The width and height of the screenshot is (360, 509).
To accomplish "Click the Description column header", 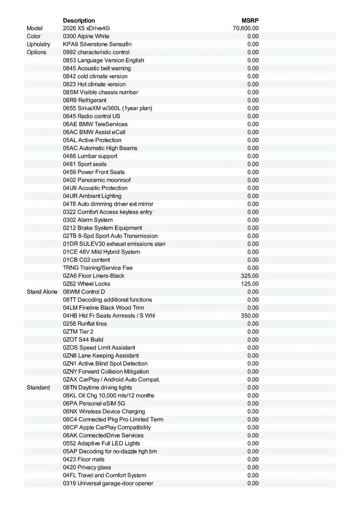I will pos(79,20).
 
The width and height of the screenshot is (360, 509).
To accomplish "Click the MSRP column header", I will pos(250,20).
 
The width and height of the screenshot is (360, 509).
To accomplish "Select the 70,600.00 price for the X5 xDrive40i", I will pos(246,28).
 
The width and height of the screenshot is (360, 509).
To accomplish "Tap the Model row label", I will pos(35,28).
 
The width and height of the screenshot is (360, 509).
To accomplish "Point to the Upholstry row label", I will pos(38,44).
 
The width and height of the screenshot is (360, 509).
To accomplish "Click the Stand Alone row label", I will pos(42,292).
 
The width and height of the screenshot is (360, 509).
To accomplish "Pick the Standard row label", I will pos(38,388).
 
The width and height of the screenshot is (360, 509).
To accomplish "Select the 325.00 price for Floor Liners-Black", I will pos(250,276).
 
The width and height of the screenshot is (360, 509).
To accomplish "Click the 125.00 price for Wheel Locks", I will pos(250,284).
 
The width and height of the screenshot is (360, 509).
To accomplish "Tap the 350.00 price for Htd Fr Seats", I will pos(250,316).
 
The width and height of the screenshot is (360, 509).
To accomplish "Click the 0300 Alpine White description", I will pos(86,36).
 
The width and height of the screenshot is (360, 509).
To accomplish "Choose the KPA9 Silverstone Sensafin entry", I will pos(97,44).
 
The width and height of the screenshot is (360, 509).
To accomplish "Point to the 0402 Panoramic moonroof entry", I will pos(97,180).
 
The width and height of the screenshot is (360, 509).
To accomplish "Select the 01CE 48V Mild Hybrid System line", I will pos(101,252).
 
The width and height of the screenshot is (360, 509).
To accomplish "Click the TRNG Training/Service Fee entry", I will pos(98,268).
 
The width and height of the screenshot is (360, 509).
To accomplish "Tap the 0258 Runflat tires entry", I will pos(85,324).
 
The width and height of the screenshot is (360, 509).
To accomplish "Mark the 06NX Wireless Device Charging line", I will pos(104,411).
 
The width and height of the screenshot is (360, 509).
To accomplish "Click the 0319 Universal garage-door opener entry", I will pos(108,484).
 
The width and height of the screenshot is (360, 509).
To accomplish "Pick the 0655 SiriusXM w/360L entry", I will pos(107,108).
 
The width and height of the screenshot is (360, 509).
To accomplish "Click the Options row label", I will pos(37,52).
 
